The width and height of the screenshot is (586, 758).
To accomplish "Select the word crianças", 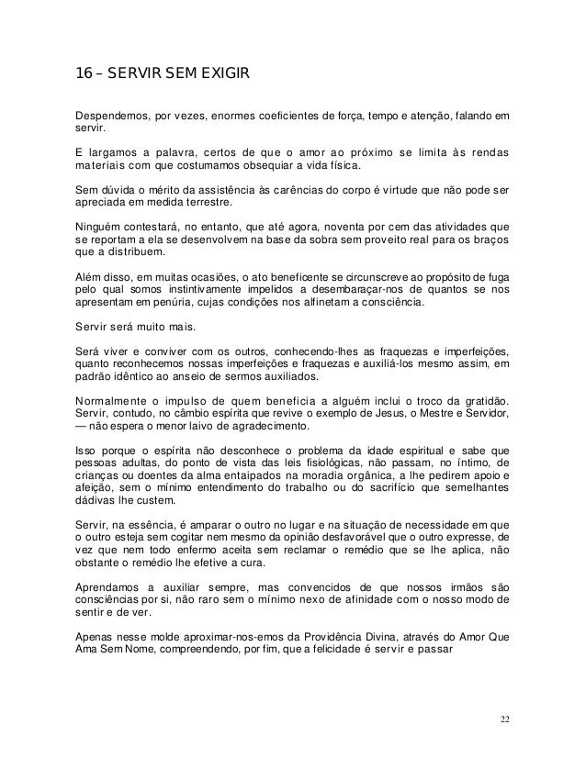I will pos(96,480).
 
